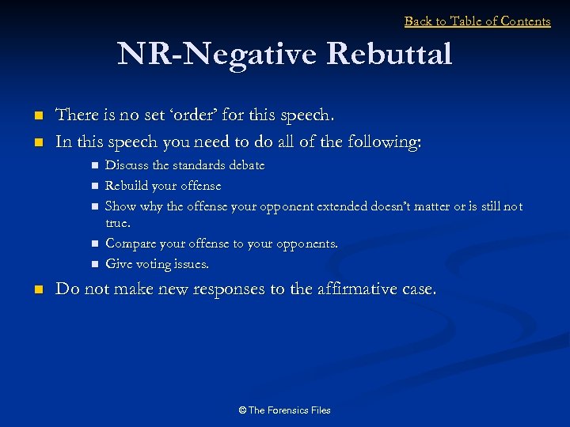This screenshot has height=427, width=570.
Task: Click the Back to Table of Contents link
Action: click(477, 21)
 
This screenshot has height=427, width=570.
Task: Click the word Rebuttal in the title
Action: click(389, 55)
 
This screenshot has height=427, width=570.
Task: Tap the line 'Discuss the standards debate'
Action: click(184, 165)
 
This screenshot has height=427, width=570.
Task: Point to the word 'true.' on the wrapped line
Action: click(118, 223)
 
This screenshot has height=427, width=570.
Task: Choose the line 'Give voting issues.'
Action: click(157, 264)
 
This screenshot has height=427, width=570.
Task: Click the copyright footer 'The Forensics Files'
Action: click(284, 410)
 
